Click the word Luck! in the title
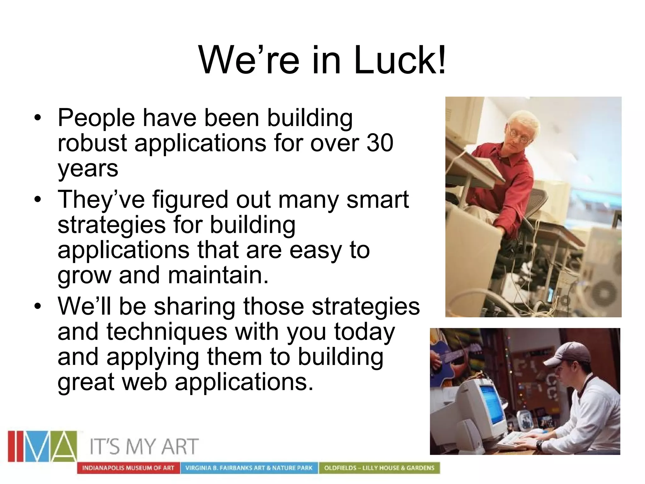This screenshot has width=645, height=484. [400, 60]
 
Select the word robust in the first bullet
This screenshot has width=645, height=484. [92, 143]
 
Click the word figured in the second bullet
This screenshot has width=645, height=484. [190, 200]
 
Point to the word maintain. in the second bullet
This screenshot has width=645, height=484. [218, 275]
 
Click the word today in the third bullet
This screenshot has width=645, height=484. [364, 332]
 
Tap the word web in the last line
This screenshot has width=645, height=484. [145, 382]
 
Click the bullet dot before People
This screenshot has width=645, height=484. [38, 118]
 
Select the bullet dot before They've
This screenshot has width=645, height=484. [38, 200]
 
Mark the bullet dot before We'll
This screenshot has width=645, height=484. [38, 307]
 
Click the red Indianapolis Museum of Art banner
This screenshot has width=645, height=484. [128, 468]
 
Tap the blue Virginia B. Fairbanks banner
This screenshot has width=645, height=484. [249, 468]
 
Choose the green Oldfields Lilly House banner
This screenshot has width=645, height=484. [379, 468]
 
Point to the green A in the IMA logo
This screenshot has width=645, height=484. [64, 446]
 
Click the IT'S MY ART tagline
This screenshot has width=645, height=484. [144, 447]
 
